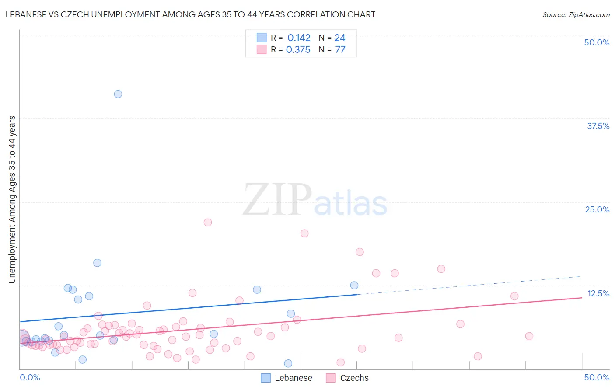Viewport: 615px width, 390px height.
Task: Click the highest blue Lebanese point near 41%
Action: (118, 94)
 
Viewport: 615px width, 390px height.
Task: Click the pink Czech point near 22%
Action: (208, 223)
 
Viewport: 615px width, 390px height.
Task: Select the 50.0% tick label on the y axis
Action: (597, 42)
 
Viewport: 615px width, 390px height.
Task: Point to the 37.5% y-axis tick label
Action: (598, 126)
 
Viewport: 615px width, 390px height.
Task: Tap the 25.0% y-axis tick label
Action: (597, 209)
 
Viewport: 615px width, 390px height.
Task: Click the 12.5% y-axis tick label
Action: (598, 293)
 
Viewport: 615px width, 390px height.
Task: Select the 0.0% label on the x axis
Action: (30, 377)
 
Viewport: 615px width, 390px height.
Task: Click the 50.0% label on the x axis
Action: (597, 377)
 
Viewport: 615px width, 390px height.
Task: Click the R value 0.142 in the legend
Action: (299, 38)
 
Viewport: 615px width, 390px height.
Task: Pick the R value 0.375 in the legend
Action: (298, 50)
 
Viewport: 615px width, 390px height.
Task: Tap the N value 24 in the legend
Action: (340, 38)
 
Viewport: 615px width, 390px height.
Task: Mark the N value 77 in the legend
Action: (340, 50)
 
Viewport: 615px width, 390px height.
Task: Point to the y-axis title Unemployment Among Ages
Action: (12, 199)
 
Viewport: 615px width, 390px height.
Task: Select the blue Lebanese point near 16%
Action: (98, 263)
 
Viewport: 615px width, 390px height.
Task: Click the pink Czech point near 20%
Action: (304, 233)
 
